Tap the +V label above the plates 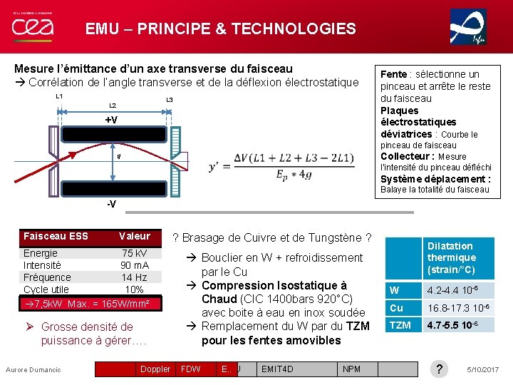coord(111,120)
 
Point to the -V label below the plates coord(110,205)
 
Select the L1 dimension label coord(59,97)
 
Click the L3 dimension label coord(169,100)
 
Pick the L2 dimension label coord(112,106)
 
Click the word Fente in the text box coord(393,74)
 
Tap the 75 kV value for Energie coord(135,253)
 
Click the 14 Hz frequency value coord(134,277)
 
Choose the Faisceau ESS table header coord(56,236)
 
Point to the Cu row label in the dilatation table coord(395,307)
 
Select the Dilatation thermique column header coord(452,258)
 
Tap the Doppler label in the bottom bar coord(155,369)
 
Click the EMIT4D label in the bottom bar coord(277,369)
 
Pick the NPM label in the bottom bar coord(351,369)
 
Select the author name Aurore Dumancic coord(33,369)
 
